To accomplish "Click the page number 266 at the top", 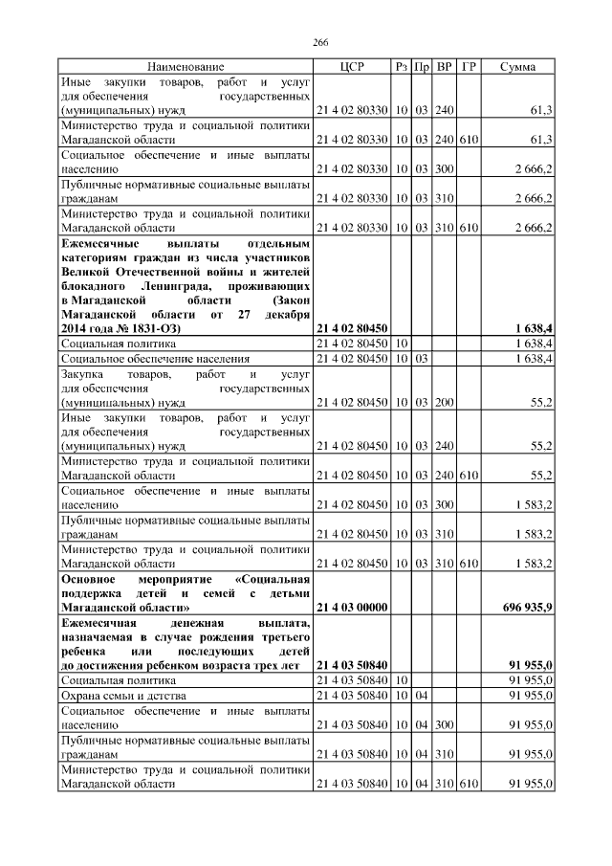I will [x=321, y=44].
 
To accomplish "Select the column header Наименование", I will [x=186, y=67].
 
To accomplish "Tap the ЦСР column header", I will [x=352, y=67].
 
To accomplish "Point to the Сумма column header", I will [x=517, y=67].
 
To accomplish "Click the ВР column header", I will [x=445, y=67].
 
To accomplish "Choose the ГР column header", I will [x=469, y=67].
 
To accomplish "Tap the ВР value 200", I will [x=444, y=405].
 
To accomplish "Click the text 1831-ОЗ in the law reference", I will [x=154, y=328].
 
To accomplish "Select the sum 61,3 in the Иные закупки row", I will [x=541, y=112].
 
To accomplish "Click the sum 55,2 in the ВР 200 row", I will [x=541, y=405].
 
